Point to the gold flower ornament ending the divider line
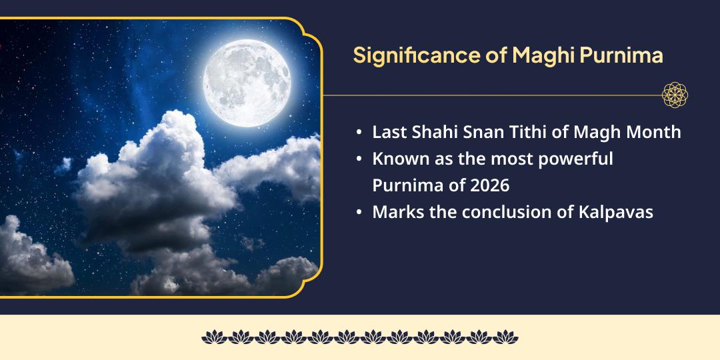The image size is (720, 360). (x=675, y=95)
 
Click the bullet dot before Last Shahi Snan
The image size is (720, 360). (x=360, y=133)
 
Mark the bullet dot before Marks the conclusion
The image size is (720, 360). (x=360, y=213)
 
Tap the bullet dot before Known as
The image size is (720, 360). (x=360, y=160)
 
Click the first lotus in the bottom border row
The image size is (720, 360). (x=213, y=337)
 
